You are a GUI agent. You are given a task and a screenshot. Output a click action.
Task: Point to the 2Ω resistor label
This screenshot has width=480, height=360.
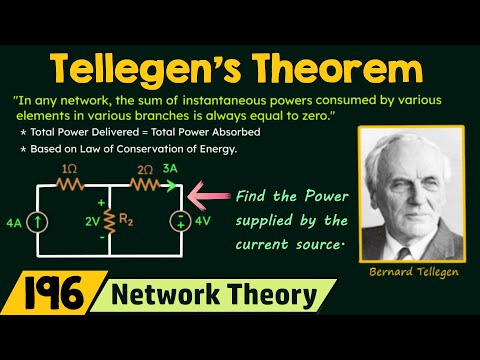(x=145, y=170)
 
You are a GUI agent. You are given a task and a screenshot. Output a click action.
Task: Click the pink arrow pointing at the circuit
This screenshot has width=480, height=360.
(x=211, y=191)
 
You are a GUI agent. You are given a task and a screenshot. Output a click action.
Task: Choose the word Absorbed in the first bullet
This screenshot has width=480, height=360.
(x=241, y=133)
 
